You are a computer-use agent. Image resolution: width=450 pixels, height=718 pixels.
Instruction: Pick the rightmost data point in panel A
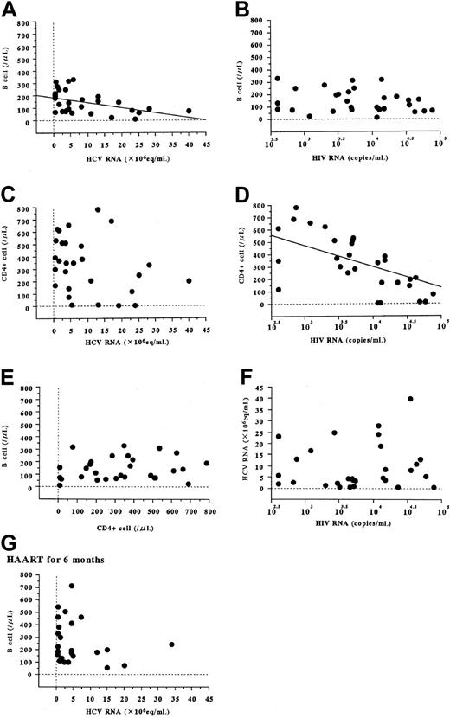[x=189, y=111]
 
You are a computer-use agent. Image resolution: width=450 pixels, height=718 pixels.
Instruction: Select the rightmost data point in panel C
[x=189, y=280]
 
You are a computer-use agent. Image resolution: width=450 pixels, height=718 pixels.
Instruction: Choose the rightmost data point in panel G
[x=171, y=644]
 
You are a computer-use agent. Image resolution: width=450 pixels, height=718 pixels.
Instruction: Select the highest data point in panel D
[x=296, y=208]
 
